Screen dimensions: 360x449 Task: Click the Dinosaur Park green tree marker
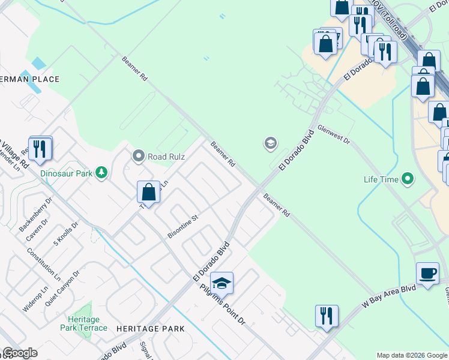tap(102, 173)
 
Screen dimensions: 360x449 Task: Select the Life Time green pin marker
tap(408, 179)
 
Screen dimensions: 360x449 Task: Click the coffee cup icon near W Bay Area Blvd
tap(427, 274)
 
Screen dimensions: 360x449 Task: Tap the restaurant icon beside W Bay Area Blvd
tap(326, 315)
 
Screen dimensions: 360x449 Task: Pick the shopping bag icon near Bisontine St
tap(149, 192)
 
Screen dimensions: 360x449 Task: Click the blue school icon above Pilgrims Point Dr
tap(221, 283)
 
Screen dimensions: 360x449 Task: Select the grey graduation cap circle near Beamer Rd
tap(270, 143)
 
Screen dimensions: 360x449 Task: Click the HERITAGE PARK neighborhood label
tap(150, 329)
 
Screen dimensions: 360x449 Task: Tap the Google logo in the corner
tap(20, 353)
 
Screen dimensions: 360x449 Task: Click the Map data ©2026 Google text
tap(412, 355)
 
